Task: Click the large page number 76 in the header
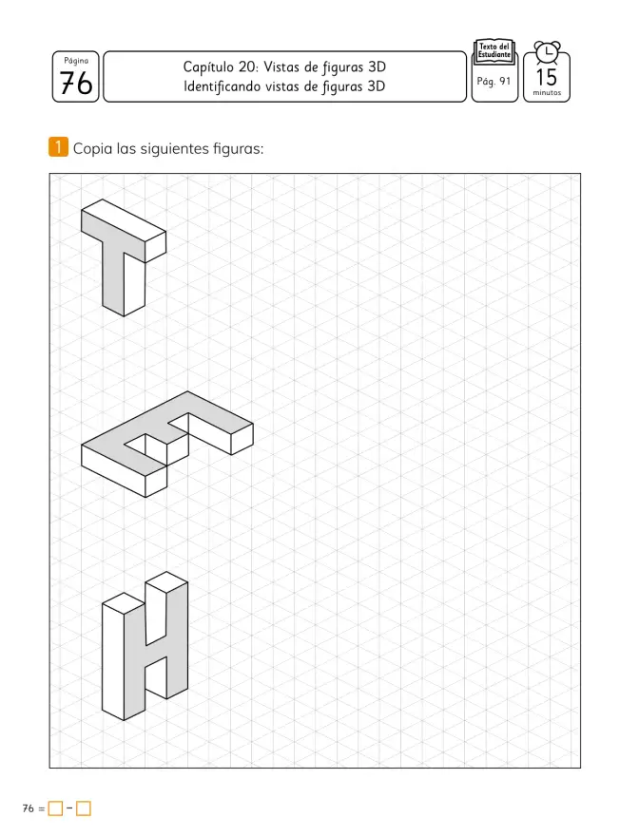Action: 76,84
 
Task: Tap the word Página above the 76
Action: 76,61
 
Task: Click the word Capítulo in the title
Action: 208,67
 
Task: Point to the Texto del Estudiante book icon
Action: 494,51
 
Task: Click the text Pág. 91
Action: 494,81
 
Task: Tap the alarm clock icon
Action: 547,53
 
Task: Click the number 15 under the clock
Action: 547,77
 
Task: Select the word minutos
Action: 547,93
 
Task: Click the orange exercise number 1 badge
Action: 58,146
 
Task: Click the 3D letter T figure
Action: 124,257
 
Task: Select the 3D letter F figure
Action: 167,445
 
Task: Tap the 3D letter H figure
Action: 145,646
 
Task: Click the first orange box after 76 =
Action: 55,808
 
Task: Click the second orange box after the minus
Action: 84,808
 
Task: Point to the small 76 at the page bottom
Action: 29,808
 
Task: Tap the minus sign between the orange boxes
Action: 69,808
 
